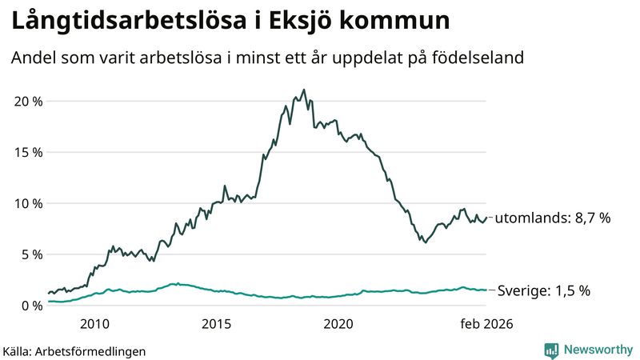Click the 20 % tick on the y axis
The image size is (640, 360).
point(26,101)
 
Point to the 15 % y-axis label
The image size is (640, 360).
point(26,152)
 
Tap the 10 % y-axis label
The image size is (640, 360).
point(26,203)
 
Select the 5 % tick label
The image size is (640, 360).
point(29,254)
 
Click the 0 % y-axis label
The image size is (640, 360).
point(29,306)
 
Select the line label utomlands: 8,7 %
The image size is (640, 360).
point(554,218)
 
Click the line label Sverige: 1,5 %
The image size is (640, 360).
point(544,290)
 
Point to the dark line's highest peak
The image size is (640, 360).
point(303,90)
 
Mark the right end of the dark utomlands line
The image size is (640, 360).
point(486,218)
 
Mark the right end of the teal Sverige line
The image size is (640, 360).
point(486,290)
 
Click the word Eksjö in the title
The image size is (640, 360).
point(303,19)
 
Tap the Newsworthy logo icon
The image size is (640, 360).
point(551,350)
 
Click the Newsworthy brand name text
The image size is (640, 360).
point(598,350)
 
